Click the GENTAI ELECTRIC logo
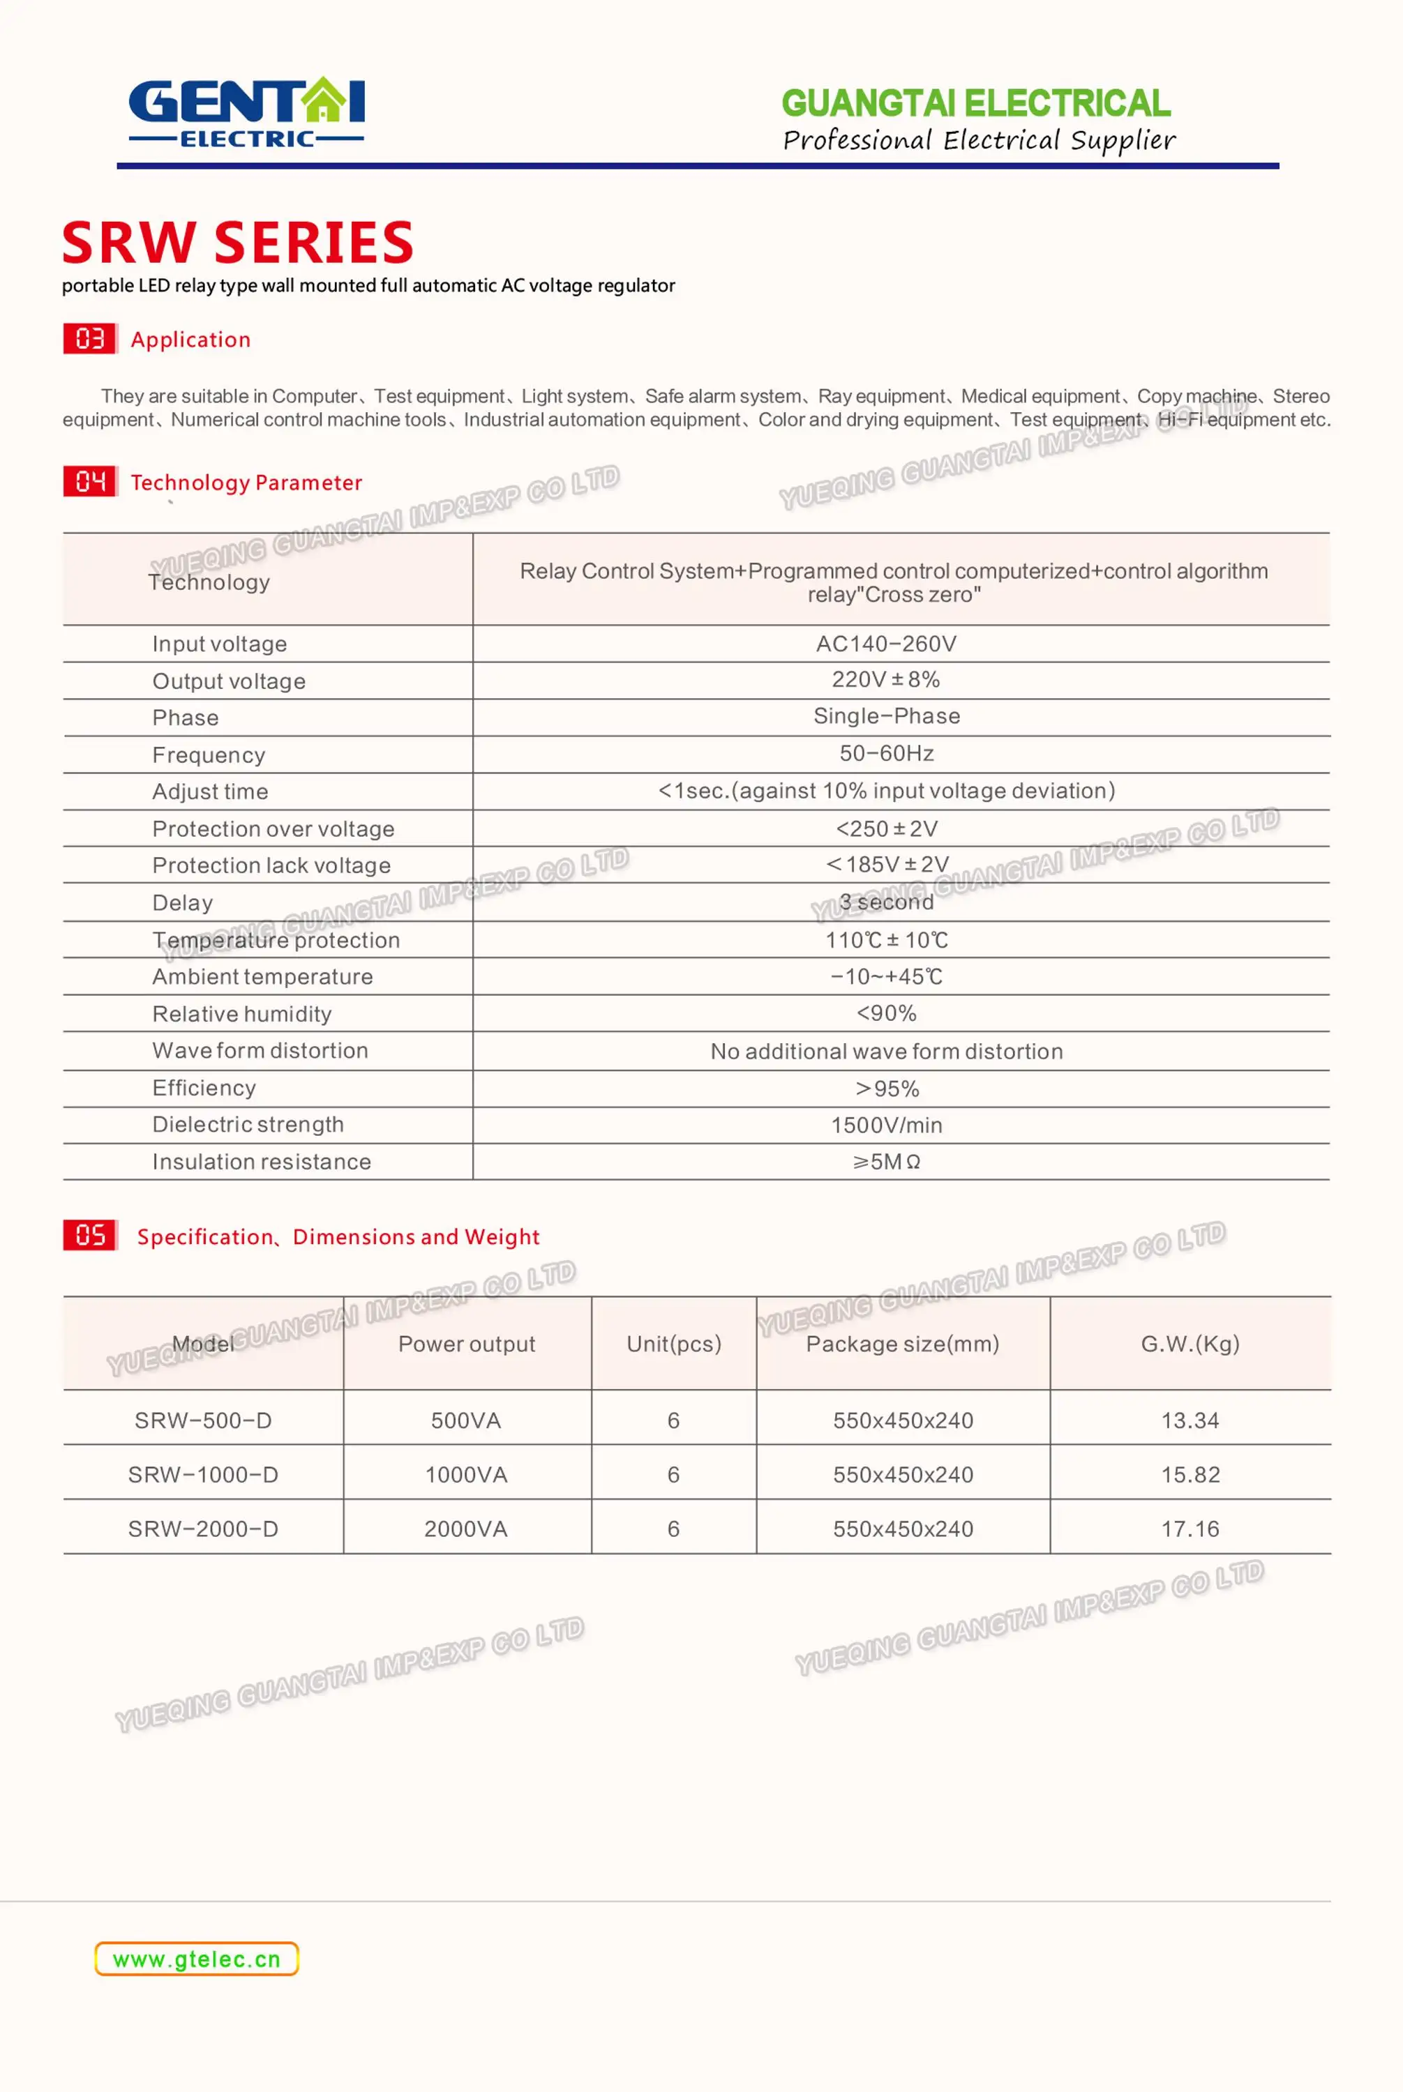(246, 112)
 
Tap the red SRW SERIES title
(238, 243)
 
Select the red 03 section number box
(89, 339)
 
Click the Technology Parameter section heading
(246, 483)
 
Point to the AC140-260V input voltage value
(886, 644)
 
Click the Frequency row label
(209, 755)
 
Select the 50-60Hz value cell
(886, 753)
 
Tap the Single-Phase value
(886, 715)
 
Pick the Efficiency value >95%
(887, 1089)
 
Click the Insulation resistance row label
(261, 1162)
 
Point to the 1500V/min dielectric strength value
(886, 1125)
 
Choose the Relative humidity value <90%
(886, 1013)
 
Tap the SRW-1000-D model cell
(203, 1475)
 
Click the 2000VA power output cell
(466, 1529)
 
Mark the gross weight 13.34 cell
(1190, 1420)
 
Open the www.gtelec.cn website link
(197, 1960)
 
